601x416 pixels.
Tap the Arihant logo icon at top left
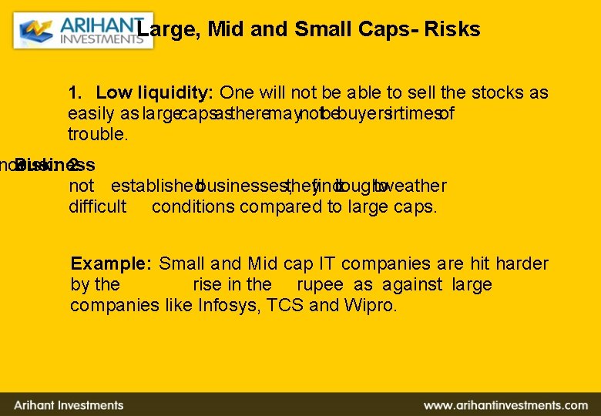pyautogui.click(x=36, y=31)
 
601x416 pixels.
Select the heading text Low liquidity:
pyautogui.click(x=154, y=93)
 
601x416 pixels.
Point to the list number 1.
pyautogui.click(x=75, y=93)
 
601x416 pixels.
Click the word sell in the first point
pyautogui.click(x=421, y=93)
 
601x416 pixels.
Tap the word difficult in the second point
pyautogui.click(x=98, y=206)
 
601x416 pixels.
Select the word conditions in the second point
pyautogui.click(x=193, y=206)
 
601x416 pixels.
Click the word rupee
pyautogui.click(x=322, y=284)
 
